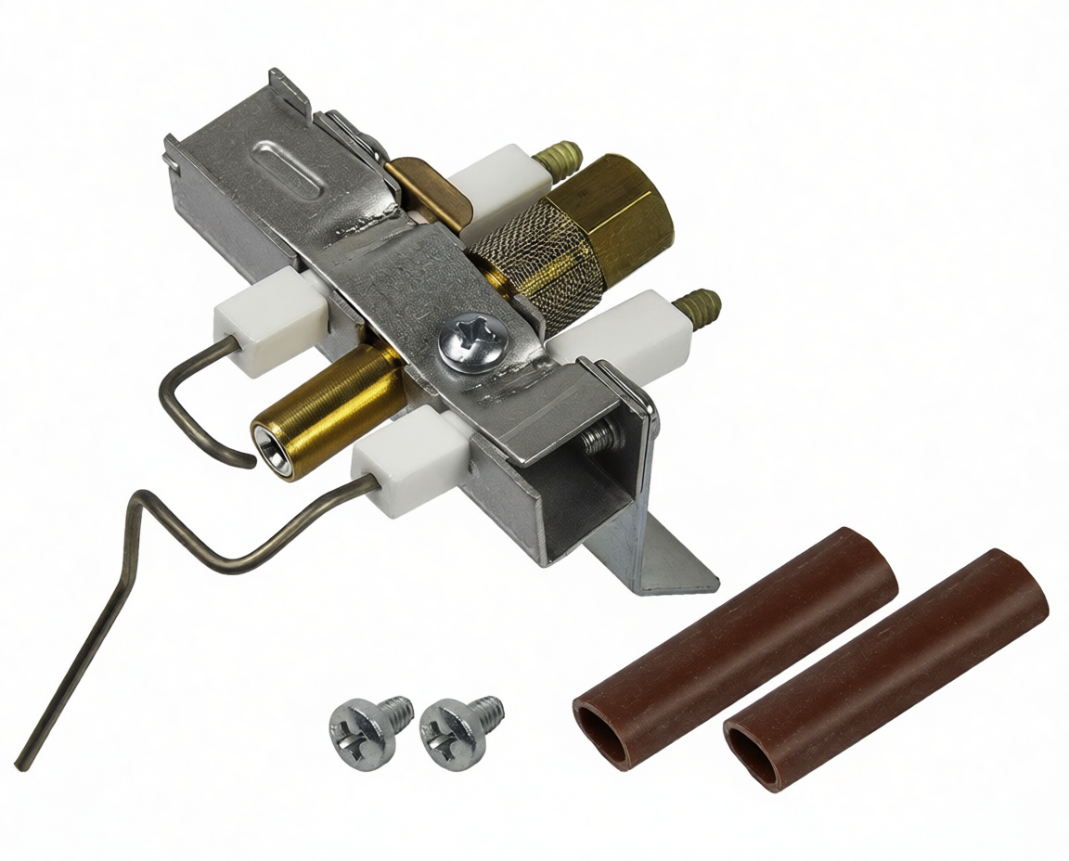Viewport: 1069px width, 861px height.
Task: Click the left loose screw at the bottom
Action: pos(363,728)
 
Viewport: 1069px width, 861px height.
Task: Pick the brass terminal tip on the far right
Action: pos(698,305)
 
